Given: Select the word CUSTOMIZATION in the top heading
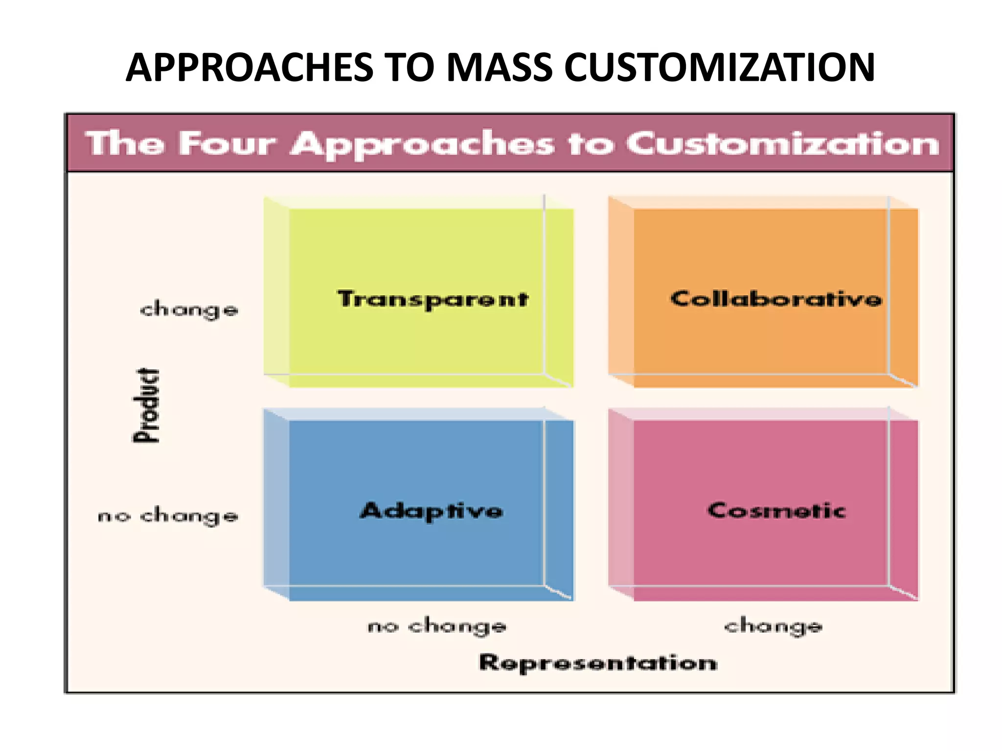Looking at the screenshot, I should pyautogui.click(x=719, y=67).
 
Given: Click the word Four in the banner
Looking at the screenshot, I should pyautogui.click(x=228, y=144).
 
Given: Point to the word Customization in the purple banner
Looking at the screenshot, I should pyautogui.click(x=783, y=144).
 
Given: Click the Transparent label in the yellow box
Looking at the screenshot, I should pyautogui.click(x=433, y=299).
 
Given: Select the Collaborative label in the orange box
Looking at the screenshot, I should pyautogui.click(x=776, y=298).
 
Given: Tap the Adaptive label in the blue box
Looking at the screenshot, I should pyautogui.click(x=432, y=511).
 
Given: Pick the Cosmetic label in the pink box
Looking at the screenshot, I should pyautogui.click(x=776, y=510).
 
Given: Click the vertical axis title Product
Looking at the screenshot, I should pyautogui.click(x=147, y=406).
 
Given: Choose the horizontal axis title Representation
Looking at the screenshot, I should pyautogui.click(x=598, y=663).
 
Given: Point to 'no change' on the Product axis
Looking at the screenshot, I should pyautogui.click(x=168, y=516).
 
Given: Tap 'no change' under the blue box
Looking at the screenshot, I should pyautogui.click(x=437, y=626).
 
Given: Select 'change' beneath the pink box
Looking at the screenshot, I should pyautogui.click(x=774, y=626).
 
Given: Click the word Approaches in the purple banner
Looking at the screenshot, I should pyautogui.click(x=423, y=145).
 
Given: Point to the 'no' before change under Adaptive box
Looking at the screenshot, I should pyautogui.click(x=383, y=626).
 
